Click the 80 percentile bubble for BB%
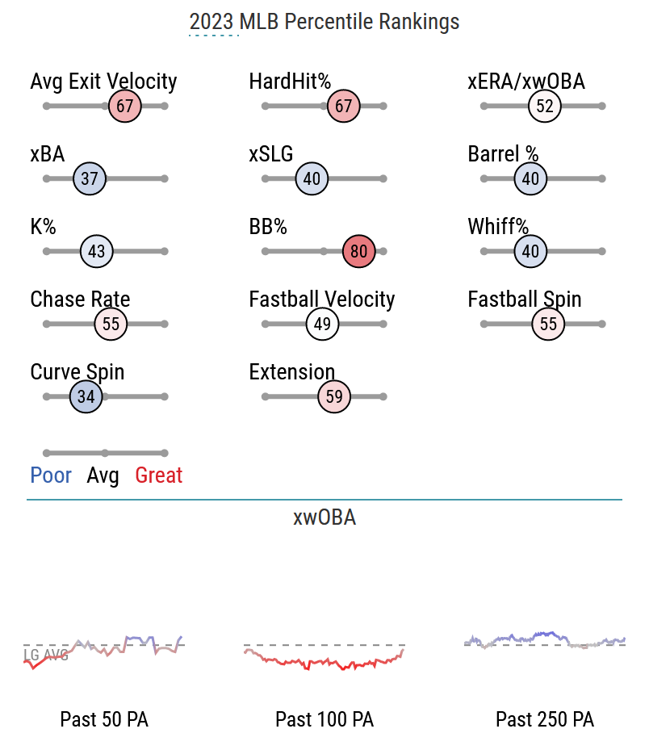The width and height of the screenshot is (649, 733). (359, 251)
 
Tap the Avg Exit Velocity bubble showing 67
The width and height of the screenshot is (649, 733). (124, 106)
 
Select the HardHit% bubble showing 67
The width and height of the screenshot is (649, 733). (344, 106)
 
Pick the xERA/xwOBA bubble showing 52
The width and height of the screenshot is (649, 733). (545, 106)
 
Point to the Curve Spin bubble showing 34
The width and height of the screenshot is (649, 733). (86, 396)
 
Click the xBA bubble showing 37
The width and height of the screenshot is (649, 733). (89, 178)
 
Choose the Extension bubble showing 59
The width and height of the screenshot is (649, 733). (334, 396)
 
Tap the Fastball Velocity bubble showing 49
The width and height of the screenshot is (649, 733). (322, 324)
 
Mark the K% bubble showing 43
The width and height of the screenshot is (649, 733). (96, 251)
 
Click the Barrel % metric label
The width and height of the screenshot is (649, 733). (503, 154)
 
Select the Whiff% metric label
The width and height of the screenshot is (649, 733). (498, 227)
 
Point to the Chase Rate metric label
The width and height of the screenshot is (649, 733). (80, 299)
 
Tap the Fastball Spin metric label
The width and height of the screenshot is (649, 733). (524, 299)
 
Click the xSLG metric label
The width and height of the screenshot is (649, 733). (270, 154)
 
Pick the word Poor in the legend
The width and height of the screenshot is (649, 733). (51, 475)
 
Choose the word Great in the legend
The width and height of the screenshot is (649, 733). (158, 475)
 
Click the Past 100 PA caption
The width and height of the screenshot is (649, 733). (324, 718)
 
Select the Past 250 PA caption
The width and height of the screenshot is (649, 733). (545, 718)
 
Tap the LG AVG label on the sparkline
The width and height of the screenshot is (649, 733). (46, 655)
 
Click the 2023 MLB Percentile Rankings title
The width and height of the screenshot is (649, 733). (324, 22)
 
